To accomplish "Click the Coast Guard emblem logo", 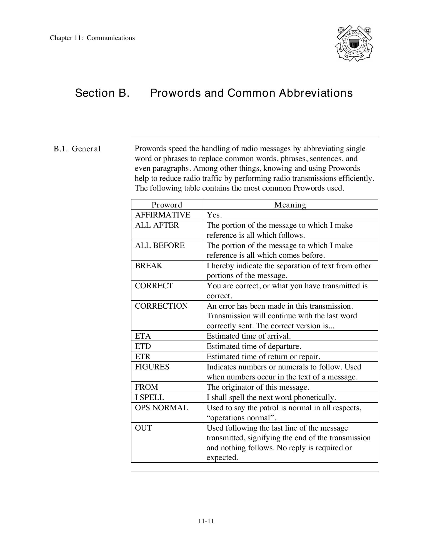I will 354,44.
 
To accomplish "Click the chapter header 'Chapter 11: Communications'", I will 92,38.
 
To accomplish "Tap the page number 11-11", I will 206,521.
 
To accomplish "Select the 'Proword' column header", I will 167,205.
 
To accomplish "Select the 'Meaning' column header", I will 290,205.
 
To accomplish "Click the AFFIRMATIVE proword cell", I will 162,215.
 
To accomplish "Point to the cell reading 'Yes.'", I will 214,215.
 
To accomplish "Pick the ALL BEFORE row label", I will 160,246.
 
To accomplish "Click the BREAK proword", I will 149,266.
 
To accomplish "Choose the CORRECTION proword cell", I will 161,306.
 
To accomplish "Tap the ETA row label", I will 143,336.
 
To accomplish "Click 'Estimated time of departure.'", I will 254,346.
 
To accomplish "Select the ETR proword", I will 142,356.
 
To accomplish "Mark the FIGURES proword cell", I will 152,367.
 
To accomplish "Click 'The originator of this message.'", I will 258,387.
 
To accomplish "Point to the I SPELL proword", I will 149,397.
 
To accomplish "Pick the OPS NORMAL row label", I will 161,408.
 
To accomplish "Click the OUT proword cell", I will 143,428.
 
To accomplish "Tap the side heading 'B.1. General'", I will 77,149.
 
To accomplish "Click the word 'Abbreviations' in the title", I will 316,93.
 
